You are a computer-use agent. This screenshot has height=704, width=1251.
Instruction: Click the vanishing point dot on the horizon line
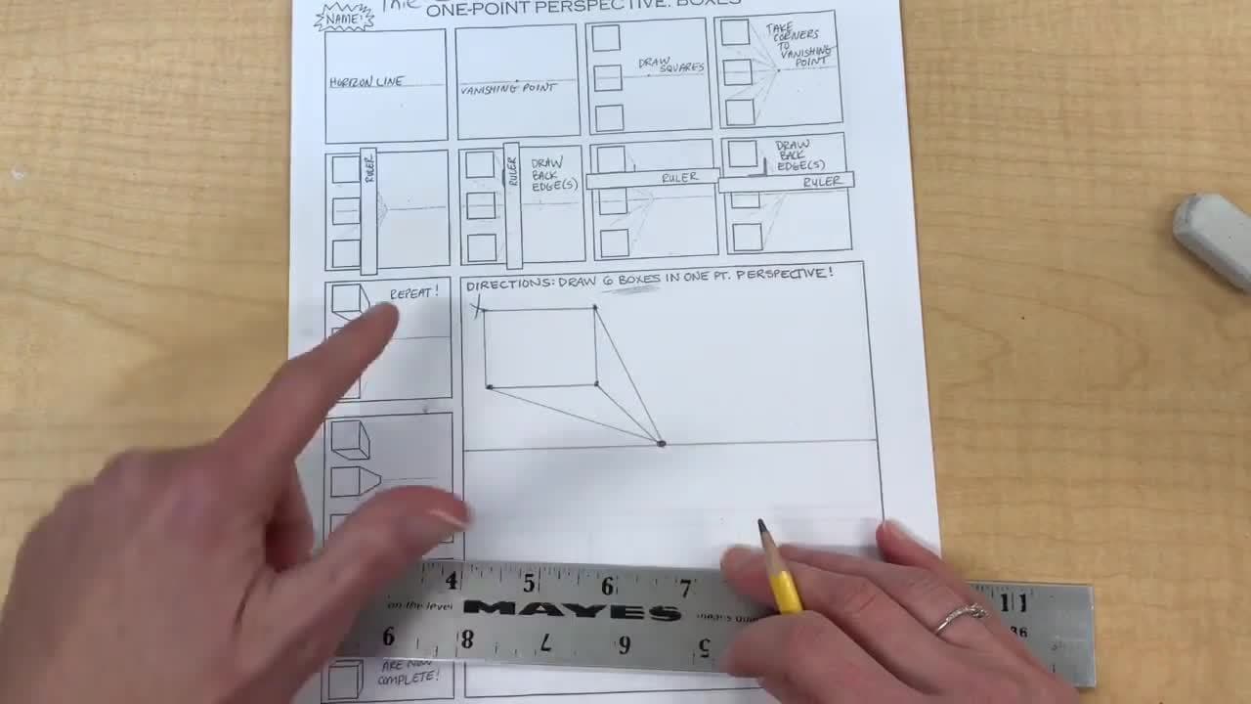click(662, 444)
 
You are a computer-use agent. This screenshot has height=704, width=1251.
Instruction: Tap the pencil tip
click(761, 526)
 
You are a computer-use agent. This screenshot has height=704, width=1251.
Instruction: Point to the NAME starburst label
click(343, 17)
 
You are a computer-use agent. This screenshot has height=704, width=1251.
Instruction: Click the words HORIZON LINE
click(367, 82)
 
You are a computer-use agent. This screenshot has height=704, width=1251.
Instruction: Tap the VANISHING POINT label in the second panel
click(507, 88)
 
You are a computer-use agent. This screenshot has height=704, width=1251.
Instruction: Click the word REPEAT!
click(414, 292)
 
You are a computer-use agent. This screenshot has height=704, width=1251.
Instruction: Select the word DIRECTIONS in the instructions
click(509, 285)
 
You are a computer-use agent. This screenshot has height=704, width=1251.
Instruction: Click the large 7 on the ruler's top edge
click(685, 588)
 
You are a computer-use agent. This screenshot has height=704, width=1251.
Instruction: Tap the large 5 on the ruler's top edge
click(529, 584)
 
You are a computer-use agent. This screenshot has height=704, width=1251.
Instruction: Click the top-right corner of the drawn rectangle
click(595, 308)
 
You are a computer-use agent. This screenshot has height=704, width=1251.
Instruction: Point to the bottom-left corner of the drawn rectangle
click(489, 387)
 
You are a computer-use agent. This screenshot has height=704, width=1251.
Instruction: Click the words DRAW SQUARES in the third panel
click(669, 65)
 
